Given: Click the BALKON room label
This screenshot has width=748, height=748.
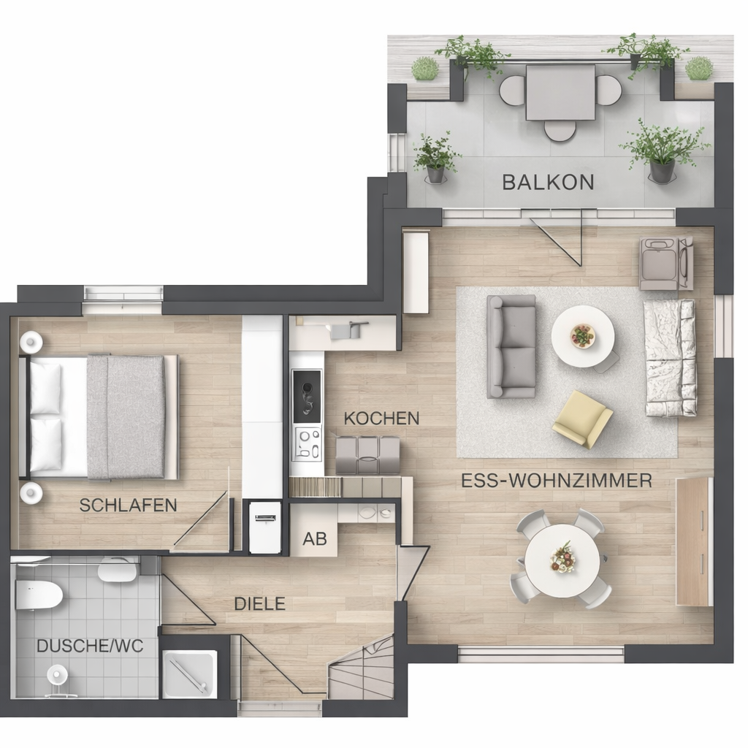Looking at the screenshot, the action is (548, 182).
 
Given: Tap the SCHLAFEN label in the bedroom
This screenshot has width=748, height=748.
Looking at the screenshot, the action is (128, 505).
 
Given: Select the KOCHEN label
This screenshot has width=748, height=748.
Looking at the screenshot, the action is (381, 419).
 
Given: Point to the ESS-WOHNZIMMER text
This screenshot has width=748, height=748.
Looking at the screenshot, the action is (557, 481).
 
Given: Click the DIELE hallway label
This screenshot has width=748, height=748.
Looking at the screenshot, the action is (259, 604).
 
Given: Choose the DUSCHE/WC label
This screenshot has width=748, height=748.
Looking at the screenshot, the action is (90, 646).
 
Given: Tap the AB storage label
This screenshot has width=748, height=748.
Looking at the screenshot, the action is (315, 538).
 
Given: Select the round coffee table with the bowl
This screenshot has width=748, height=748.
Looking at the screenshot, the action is (583, 336).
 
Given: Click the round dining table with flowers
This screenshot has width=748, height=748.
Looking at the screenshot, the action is (562, 560).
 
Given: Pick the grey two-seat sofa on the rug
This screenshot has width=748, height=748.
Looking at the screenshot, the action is (511, 346).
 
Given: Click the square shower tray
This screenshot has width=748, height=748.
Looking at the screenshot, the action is (190, 675).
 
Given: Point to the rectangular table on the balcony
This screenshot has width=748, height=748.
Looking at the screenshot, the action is (560, 93).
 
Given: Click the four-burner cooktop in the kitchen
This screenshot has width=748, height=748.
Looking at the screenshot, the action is (308, 444).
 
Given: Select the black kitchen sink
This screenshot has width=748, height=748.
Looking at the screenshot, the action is (307, 397).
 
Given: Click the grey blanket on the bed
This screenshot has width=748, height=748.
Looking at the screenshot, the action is (126, 416).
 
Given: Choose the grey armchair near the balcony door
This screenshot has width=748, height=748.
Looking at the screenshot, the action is (666, 264).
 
